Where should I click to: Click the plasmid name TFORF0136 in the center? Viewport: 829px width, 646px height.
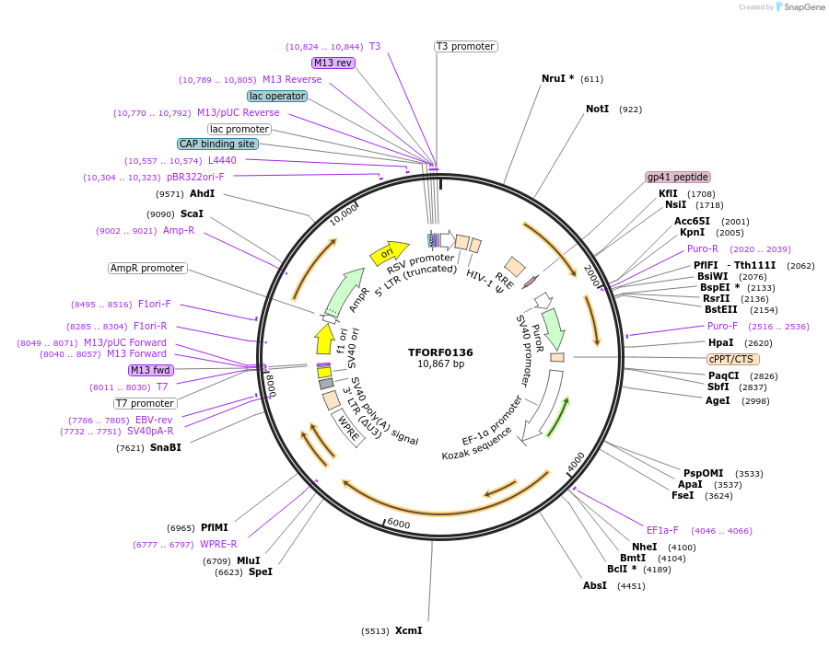point(440,352)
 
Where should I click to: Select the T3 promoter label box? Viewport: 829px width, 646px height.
point(465,46)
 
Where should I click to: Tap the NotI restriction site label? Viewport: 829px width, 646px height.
point(598,109)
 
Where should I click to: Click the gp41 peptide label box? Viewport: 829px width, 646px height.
point(678,177)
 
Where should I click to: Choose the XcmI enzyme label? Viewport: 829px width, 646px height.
point(408,630)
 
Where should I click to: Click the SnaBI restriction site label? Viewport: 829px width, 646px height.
point(167,447)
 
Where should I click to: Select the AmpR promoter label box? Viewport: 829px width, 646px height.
point(147,269)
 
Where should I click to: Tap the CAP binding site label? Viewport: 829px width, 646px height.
point(217,144)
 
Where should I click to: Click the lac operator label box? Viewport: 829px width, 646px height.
point(277,96)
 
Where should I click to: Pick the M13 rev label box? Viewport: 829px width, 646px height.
point(333,63)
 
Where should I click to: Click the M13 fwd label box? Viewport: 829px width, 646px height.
point(151,370)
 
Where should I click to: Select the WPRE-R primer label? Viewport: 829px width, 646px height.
point(218,544)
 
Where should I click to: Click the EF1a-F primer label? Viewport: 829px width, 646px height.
point(662,530)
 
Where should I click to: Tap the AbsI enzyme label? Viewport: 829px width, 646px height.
point(595,585)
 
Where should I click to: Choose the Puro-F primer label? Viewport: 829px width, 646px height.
point(722,326)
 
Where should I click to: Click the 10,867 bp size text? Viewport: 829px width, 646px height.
point(440,364)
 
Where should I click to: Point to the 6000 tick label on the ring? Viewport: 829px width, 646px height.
point(398,523)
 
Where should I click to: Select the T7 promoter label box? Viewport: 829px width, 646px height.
point(145,403)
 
